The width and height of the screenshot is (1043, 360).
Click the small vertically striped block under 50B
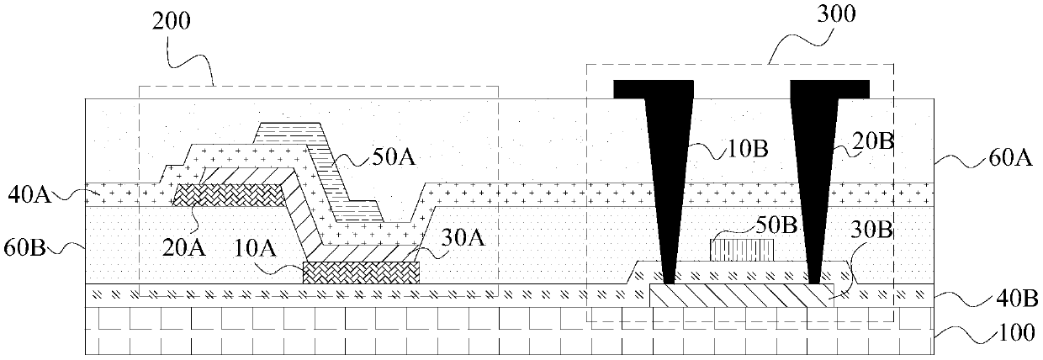[742, 250]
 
